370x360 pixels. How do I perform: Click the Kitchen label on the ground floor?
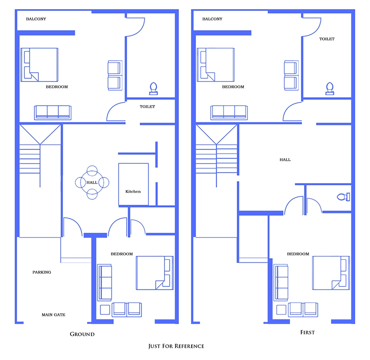click(133, 191)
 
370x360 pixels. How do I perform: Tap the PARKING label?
click(42, 272)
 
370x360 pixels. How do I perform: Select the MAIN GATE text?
click(54, 315)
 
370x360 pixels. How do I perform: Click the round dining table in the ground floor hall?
click(92, 182)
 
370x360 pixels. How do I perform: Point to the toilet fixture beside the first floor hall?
click(343, 197)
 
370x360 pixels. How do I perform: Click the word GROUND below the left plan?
click(82, 334)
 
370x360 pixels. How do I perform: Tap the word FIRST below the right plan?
click(307, 333)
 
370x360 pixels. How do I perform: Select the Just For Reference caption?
click(176, 346)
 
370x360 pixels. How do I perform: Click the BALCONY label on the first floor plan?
click(212, 19)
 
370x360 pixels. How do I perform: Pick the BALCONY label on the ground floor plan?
click(36, 19)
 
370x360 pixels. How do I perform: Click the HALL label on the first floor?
click(285, 160)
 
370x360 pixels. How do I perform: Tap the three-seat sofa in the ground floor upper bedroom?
click(53, 112)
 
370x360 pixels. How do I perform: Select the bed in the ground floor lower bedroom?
click(155, 273)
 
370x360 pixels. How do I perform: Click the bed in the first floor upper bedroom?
click(215, 65)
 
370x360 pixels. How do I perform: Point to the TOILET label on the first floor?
click(327, 39)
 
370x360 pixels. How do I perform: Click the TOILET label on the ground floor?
click(147, 106)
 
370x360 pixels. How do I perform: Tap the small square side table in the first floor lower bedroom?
click(281, 310)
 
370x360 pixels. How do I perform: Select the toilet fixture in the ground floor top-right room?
click(153, 88)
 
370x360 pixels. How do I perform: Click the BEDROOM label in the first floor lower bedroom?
click(298, 254)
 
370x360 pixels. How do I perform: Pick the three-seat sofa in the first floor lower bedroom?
click(281, 282)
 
